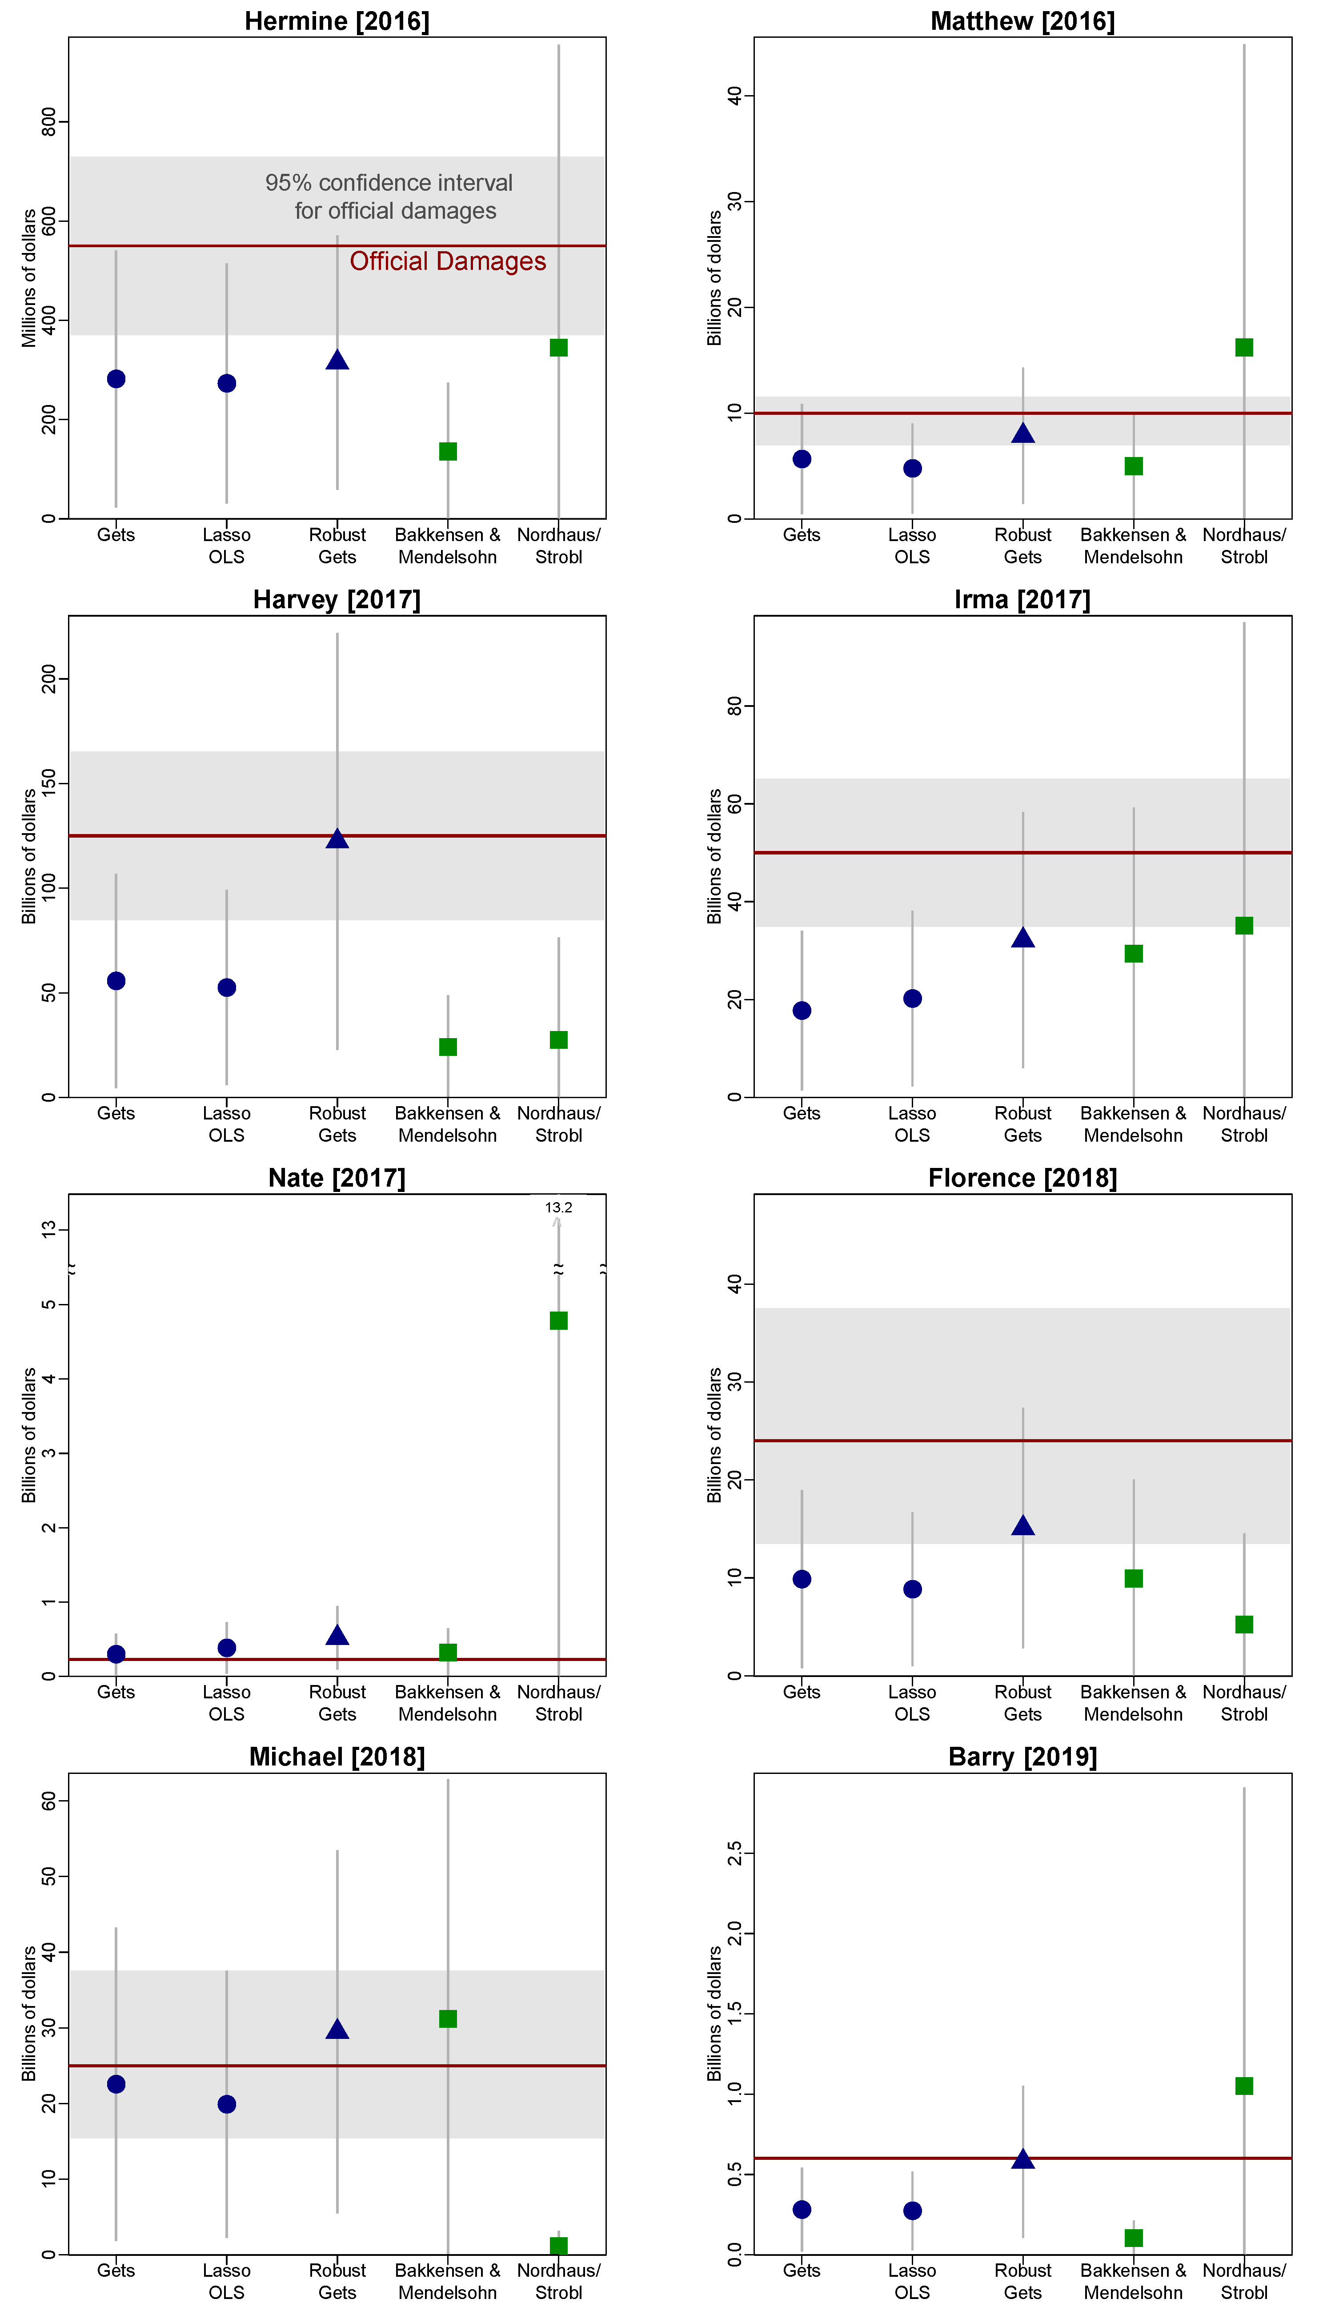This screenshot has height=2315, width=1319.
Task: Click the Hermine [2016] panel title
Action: click(337, 21)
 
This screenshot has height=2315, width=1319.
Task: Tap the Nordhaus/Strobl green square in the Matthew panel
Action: click(1244, 348)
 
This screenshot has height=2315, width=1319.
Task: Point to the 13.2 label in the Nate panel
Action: click(558, 1208)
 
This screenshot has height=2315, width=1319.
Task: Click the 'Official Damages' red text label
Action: click(448, 262)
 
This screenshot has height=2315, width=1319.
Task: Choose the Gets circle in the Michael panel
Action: click(116, 2084)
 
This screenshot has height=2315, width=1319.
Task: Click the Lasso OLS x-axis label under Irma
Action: click(912, 1124)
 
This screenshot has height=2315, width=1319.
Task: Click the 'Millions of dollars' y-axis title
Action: click(29, 278)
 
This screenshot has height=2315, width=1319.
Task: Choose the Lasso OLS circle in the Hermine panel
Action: click(226, 383)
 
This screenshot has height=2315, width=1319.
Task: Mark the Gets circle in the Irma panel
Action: click(802, 1011)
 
